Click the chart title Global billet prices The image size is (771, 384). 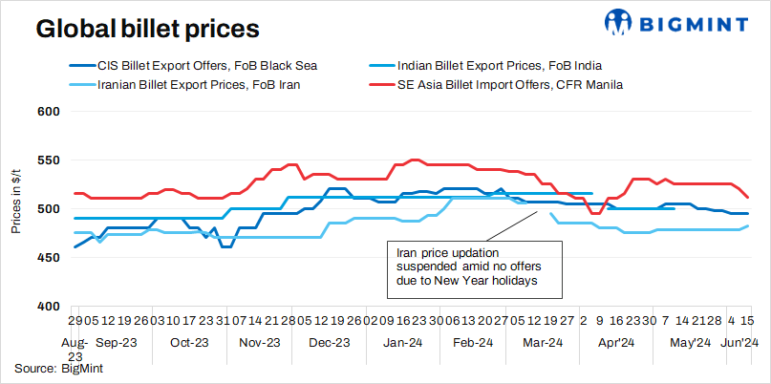[147, 29]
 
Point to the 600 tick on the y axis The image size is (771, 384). [48, 111]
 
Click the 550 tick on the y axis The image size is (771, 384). [48, 160]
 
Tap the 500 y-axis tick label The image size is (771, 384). [48, 208]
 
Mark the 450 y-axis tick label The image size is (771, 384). [48, 257]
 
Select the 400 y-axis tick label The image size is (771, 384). [48, 306]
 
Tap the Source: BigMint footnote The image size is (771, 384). [58, 367]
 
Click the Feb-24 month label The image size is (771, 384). [472, 342]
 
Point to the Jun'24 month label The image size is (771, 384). [739, 342]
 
